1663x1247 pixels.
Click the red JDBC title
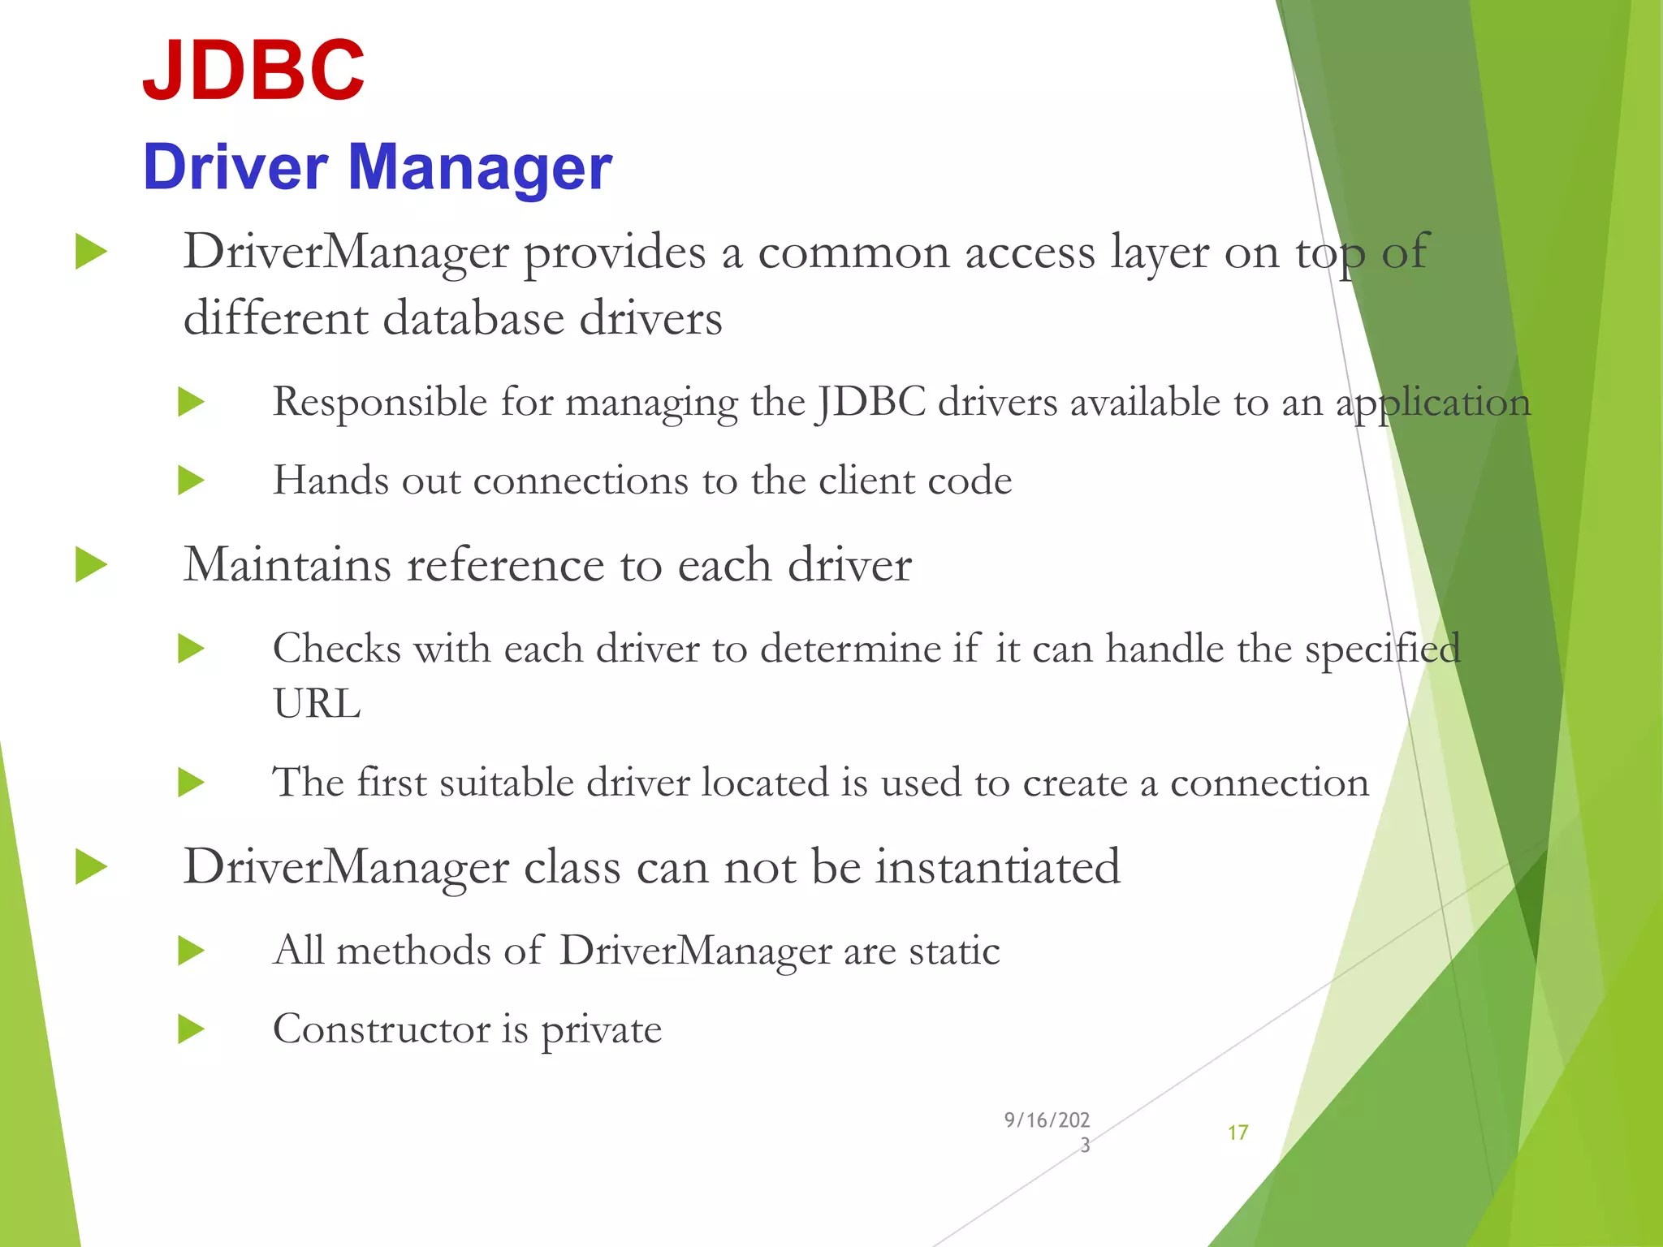[x=253, y=71]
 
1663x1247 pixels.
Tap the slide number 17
[x=1238, y=1133]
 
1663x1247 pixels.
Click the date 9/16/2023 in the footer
[x=1047, y=1132]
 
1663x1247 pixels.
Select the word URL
[x=317, y=704]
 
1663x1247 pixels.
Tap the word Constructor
[x=382, y=1029]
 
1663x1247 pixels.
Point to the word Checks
[x=337, y=649]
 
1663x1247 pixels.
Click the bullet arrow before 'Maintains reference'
[x=91, y=564]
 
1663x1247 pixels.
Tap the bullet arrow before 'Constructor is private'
[x=191, y=1029]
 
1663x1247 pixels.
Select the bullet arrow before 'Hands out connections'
[x=191, y=480]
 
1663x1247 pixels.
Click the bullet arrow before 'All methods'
[x=191, y=951]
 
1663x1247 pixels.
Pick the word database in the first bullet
[x=473, y=317]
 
